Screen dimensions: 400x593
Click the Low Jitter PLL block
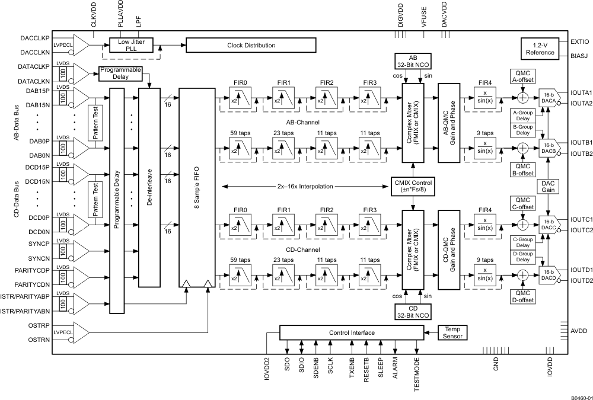(132, 46)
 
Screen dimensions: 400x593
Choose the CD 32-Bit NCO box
(413, 295)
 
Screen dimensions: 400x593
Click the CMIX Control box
(413, 185)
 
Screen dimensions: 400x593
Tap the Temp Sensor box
(452, 332)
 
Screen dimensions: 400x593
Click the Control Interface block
(352, 332)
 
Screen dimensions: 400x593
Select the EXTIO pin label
(579, 43)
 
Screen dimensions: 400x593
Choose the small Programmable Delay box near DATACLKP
(120, 73)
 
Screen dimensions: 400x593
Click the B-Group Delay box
(522, 129)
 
